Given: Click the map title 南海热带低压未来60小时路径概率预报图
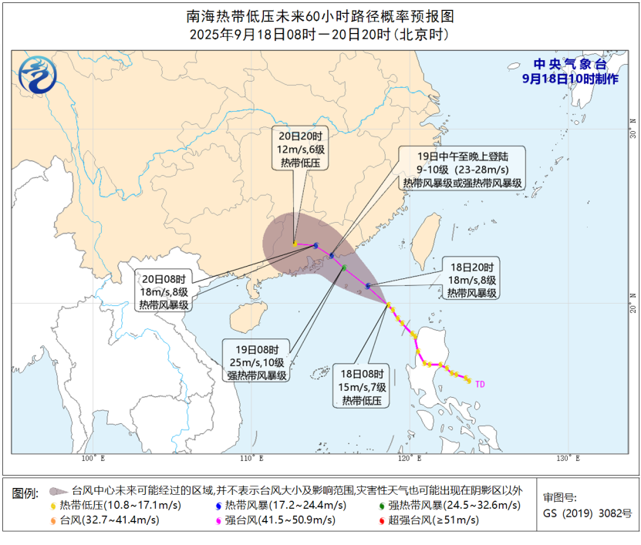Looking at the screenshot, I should [320, 16].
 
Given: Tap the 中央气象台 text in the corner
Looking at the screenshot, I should [570, 65].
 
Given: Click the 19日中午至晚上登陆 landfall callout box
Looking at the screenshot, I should [462, 168].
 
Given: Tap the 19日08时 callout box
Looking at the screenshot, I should [256, 362].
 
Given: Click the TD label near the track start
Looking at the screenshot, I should [480, 383].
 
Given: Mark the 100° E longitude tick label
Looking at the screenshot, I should [92, 459].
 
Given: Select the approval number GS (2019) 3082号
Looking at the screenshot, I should [587, 513].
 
